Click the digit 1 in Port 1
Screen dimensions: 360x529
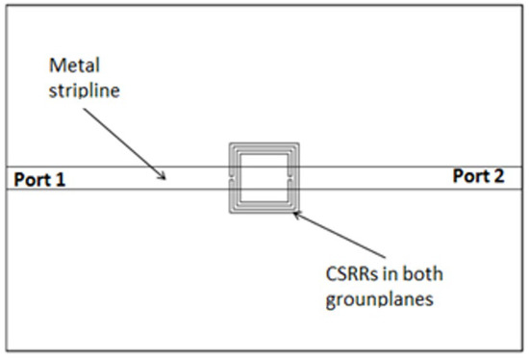click(x=62, y=178)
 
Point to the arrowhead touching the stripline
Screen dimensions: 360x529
click(x=164, y=175)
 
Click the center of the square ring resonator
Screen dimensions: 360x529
click(x=263, y=179)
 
